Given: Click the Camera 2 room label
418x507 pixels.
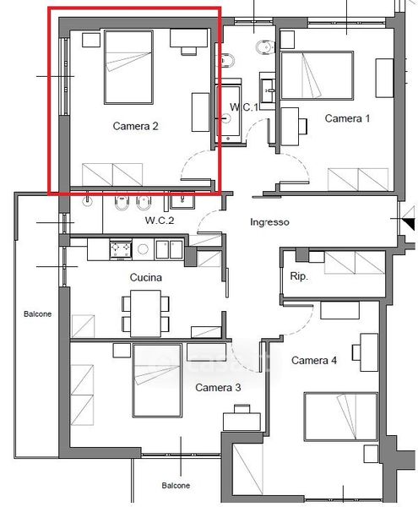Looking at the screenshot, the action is point(135,126).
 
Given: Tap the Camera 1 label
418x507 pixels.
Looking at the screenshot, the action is point(347,118).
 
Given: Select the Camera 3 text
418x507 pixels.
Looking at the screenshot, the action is point(218,387).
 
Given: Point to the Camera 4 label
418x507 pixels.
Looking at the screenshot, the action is point(314,360).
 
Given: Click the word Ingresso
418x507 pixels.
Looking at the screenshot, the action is point(269,222).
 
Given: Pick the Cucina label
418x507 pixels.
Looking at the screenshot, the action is point(146,277).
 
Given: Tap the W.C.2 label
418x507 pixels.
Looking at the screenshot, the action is point(160,221).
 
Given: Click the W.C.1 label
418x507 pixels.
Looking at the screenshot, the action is point(244,107).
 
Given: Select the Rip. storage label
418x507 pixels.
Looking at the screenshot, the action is point(299,276).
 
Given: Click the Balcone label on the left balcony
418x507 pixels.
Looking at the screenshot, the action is point(37,314).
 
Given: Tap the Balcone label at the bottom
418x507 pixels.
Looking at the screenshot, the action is point(176,485).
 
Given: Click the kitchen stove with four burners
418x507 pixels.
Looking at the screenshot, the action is point(121,249).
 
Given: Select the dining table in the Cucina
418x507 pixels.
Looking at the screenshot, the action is point(146,313).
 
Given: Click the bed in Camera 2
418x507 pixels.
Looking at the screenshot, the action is point(128,68).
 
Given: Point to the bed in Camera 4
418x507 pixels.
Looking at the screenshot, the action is point(341,417).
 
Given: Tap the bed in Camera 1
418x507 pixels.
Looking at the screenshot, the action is point(317,75).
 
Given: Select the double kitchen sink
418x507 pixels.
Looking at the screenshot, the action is point(169,249).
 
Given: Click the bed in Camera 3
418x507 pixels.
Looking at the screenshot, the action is point(157,380).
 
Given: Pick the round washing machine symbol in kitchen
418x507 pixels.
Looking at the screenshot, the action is point(143,249).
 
